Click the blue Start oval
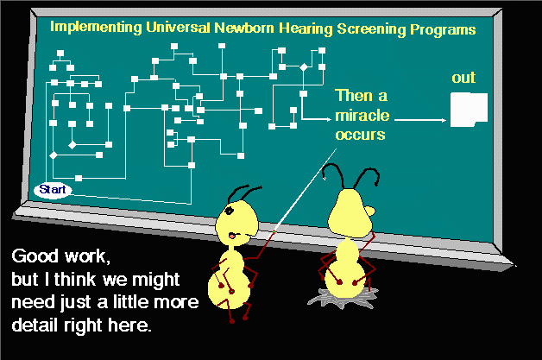click(53, 190)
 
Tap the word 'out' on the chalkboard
click(463, 78)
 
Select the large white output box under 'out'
click(469, 110)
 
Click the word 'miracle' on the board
click(362, 115)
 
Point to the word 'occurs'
click(360, 135)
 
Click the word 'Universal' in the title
click(178, 27)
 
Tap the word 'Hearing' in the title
click(306, 28)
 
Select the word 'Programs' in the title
click(443, 30)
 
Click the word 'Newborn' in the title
click(244, 28)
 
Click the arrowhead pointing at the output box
click(444, 120)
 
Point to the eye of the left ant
click(230, 210)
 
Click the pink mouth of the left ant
click(233, 236)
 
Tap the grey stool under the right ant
click(343, 298)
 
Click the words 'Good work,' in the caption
click(60, 256)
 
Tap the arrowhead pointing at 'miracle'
click(328, 119)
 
